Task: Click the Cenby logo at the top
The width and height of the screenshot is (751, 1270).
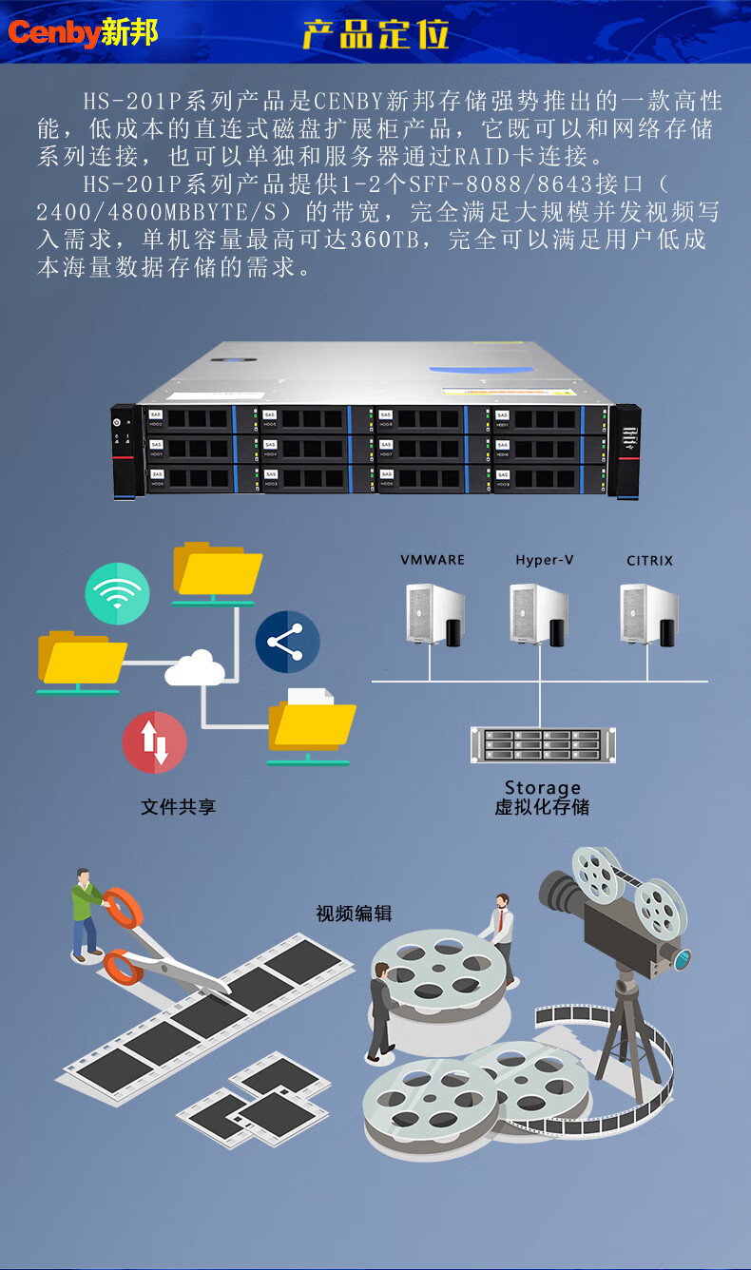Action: click(83, 33)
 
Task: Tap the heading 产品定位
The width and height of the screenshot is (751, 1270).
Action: click(375, 34)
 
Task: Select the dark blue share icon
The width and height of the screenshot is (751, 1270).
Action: click(287, 643)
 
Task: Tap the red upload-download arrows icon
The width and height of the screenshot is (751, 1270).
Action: click(154, 742)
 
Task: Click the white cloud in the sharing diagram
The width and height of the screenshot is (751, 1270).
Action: click(196, 667)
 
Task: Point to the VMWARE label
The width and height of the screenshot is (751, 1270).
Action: click(433, 560)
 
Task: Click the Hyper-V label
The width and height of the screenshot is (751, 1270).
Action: click(544, 560)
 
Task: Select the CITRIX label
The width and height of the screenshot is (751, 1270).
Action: click(649, 561)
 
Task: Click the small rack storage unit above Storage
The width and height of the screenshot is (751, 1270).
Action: click(542, 744)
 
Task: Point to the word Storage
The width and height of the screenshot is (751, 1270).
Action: click(542, 788)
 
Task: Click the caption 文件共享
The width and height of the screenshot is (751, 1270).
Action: click(179, 807)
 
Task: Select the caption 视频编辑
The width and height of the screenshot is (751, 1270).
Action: click(354, 914)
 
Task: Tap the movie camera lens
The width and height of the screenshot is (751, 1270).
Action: click(681, 958)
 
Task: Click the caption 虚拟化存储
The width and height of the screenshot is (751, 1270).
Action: click(542, 808)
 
